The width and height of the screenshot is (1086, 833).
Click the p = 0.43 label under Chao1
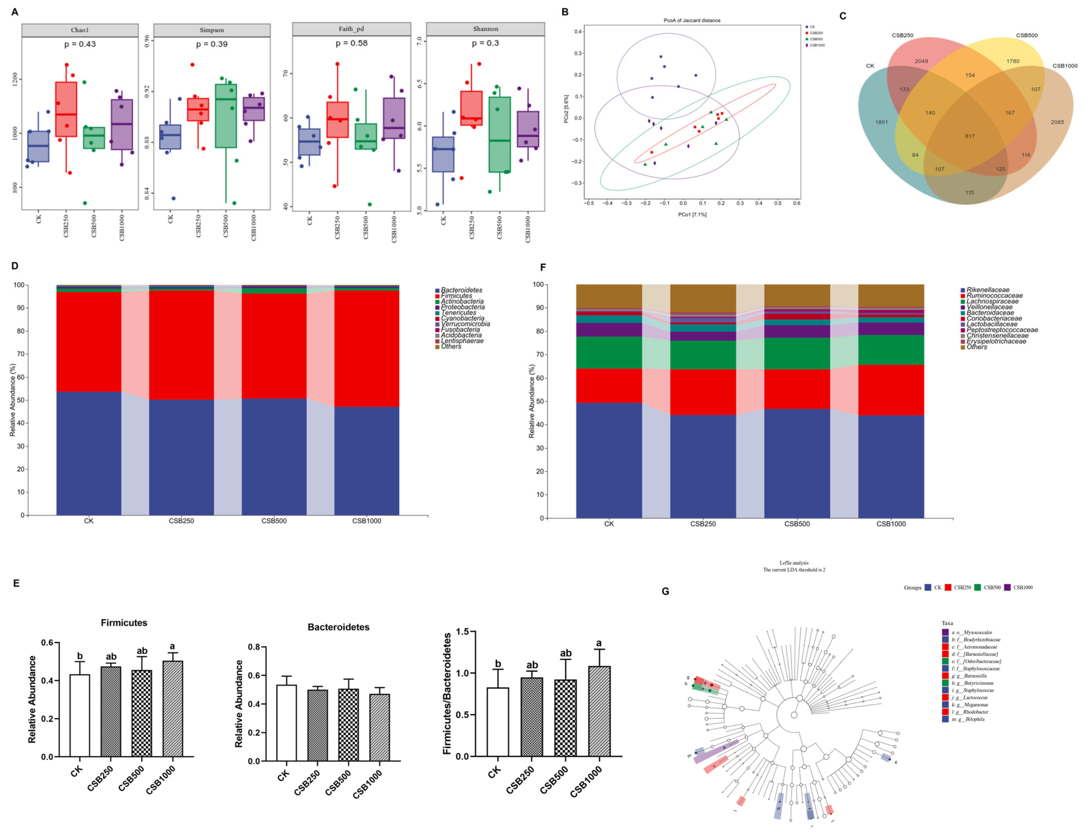80,44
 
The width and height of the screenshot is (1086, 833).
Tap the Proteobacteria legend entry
463,307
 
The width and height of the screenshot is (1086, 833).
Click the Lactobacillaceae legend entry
991,324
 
